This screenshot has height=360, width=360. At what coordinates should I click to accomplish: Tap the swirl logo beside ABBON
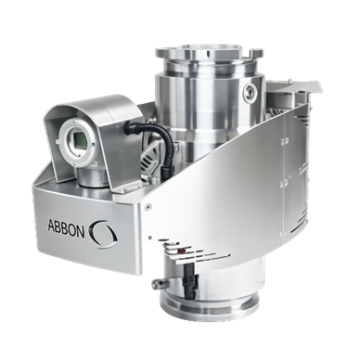tap(103, 234)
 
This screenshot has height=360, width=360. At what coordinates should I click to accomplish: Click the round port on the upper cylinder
tap(251, 91)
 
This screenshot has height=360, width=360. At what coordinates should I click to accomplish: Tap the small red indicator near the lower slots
tap(182, 249)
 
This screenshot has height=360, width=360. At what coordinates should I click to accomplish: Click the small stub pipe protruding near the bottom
tap(160, 282)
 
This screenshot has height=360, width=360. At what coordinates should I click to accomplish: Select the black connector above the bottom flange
tap(190, 281)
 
